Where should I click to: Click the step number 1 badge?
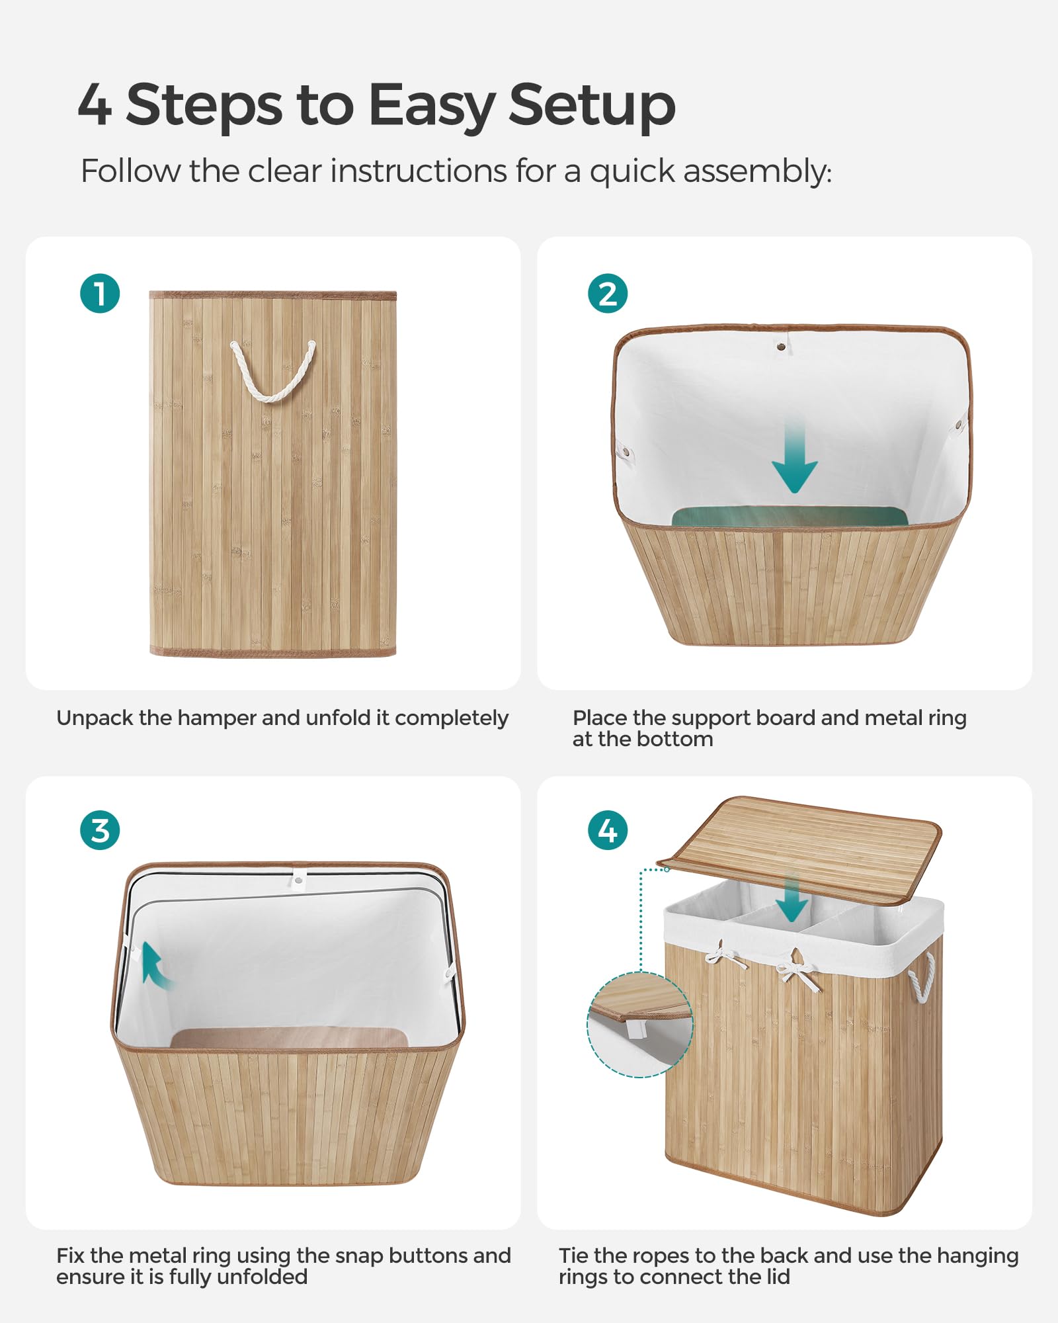point(100,293)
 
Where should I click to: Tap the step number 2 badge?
point(608,293)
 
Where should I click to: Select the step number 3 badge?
point(100,831)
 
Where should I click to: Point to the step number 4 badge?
point(608,831)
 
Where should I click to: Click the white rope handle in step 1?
point(272,377)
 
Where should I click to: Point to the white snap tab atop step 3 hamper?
point(298,878)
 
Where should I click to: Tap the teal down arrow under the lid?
point(792,900)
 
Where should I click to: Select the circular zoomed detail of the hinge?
point(639,1025)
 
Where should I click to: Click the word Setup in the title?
point(592,106)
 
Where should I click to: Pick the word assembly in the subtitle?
point(756,172)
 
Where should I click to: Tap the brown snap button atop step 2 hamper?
point(782,345)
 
